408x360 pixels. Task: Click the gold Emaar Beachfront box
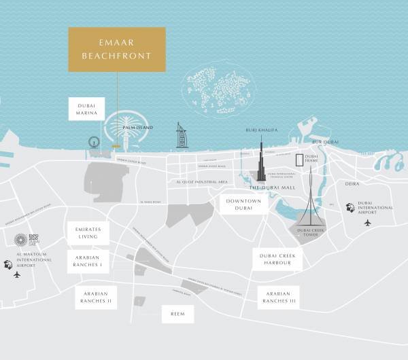click(117, 50)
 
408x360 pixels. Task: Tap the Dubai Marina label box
click(87, 109)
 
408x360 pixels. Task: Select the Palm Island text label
click(137, 128)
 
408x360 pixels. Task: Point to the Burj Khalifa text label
click(259, 129)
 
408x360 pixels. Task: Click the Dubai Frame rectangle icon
click(299, 160)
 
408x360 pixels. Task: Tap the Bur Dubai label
click(325, 141)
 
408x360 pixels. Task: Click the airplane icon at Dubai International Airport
click(369, 223)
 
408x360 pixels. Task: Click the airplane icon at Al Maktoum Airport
click(17, 274)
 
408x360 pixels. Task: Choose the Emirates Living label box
click(88, 233)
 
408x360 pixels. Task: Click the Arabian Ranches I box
click(88, 261)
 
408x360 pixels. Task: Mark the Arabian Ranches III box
click(279, 295)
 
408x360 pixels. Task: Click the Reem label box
click(177, 314)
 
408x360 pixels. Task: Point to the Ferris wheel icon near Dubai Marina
click(92, 144)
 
